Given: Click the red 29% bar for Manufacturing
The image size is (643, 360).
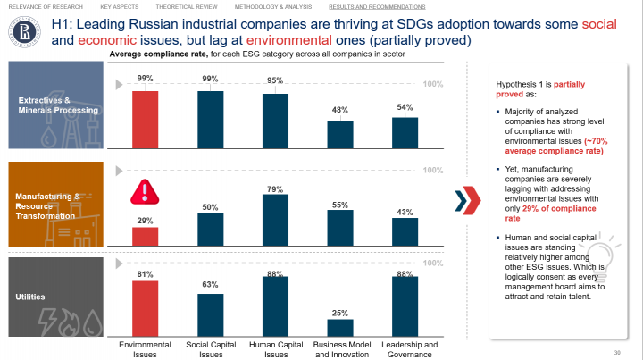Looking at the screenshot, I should click(x=146, y=235).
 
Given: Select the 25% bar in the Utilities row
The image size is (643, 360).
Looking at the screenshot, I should click(x=339, y=326).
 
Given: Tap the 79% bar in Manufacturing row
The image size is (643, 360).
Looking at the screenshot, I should click(x=275, y=219).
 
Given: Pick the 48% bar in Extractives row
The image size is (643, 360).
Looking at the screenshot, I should click(x=339, y=133).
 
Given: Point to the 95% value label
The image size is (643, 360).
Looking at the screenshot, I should click(x=275, y=81).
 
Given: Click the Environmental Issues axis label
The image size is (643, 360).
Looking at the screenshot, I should click(x=146, y=349).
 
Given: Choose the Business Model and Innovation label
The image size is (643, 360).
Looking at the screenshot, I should click(x=340, y=349).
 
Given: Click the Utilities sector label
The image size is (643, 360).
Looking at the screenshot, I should click(x=33, y=296).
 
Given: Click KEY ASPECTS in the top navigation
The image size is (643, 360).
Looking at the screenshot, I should click(x=119, y=6).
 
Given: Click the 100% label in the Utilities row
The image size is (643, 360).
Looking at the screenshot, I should click(x=432, y=264).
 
